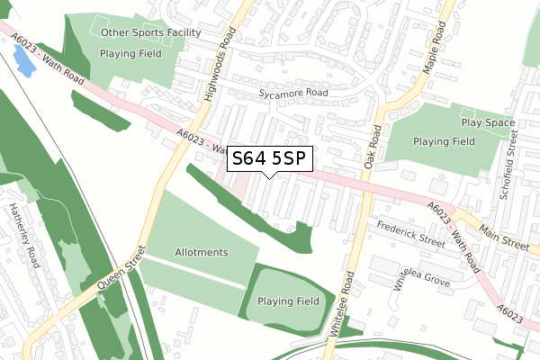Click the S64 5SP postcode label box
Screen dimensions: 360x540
[x=270, y=159]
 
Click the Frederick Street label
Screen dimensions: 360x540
[x=411, y=235]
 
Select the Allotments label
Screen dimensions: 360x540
[x=202, y=253]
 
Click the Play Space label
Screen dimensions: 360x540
[x=487, y=123]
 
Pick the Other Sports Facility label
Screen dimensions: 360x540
[x=151, y=33]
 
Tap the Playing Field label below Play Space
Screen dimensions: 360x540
[x=444, y=141]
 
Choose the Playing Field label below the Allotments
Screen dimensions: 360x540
[x=288, y=301]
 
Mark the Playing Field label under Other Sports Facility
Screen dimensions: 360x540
[x=131, y=53]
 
